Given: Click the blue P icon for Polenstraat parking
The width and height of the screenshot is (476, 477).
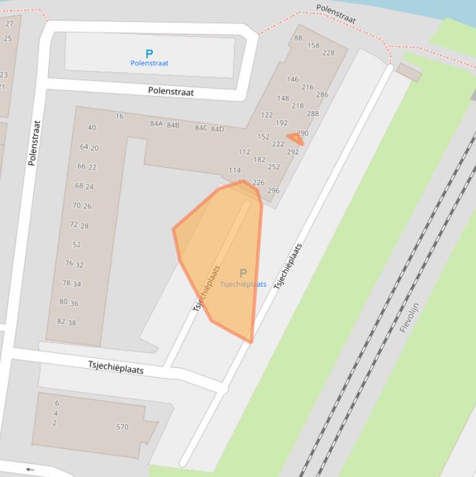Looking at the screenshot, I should pos(149,54).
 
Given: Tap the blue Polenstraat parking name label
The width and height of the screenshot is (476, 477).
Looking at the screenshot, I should pos(149,63).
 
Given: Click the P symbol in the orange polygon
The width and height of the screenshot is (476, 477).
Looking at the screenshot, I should pos(243,273).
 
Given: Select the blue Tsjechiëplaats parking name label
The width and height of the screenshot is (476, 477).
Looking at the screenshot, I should pos(243,284).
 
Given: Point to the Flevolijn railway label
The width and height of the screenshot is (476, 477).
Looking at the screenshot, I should pos(409,317).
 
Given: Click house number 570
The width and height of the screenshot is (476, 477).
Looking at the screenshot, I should pos(122,427).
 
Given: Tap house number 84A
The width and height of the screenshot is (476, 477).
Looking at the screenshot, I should pos(156,124).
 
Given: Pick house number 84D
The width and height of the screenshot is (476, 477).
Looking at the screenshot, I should pos(217,129).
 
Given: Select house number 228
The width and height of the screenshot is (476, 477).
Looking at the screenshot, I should pos(328,53).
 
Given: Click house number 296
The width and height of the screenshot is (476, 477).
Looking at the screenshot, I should pos(273,191).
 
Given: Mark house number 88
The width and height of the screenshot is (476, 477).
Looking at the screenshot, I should pos(298,38).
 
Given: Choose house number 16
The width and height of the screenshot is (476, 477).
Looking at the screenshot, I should pos(119,116).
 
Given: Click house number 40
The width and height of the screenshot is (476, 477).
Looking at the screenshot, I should pos(92,128).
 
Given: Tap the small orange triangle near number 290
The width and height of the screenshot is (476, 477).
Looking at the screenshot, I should pos(295,139).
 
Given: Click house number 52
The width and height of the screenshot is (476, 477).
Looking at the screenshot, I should pos(77,245).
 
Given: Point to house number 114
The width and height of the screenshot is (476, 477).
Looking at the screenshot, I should pos(235,170).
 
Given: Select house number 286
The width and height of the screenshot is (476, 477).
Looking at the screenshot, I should pos(322,95).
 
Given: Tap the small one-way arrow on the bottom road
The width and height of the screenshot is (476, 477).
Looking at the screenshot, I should pos(30,470).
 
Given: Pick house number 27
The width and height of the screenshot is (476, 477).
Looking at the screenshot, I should pos(9,24).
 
